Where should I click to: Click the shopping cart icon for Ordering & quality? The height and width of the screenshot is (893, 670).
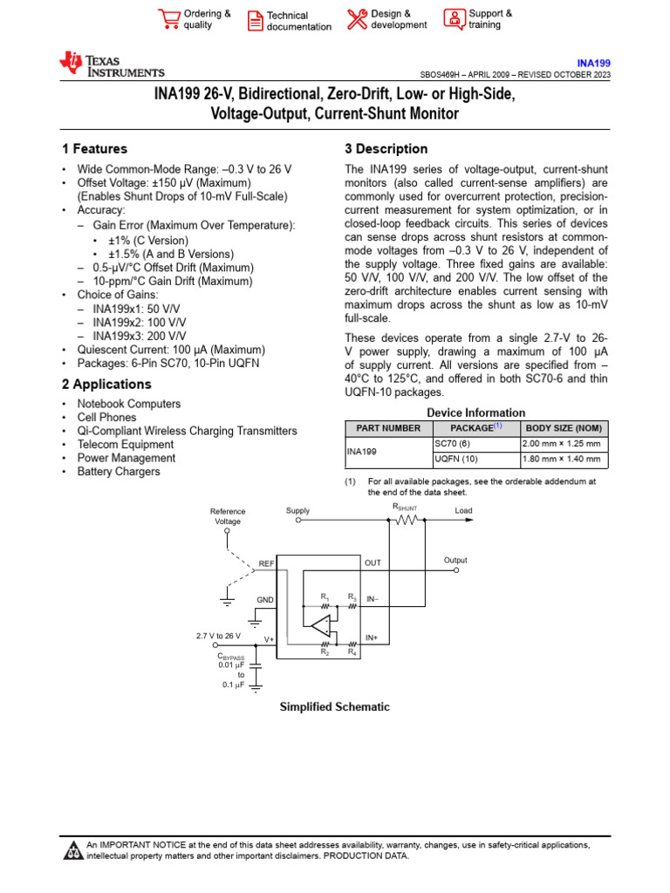point(168,20)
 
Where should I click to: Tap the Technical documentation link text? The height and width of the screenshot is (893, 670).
point(298,21)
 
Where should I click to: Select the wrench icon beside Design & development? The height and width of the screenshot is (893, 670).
point(357,19)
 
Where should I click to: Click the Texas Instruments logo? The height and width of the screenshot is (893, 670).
point(111,65)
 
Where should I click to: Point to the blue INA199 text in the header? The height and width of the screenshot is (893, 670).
point(594,64)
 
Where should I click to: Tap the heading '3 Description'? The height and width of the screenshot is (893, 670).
point(386,149)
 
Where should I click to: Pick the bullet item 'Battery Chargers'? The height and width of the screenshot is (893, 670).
point(119,472)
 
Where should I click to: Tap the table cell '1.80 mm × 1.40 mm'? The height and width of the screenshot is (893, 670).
point(561,459)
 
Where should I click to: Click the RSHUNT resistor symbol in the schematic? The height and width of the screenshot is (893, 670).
point(407,521)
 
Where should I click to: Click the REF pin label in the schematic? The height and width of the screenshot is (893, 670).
point(266,564)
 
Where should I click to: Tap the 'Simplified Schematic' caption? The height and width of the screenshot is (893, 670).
point(334,707)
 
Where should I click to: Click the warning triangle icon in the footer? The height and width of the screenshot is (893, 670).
point(73,850)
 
